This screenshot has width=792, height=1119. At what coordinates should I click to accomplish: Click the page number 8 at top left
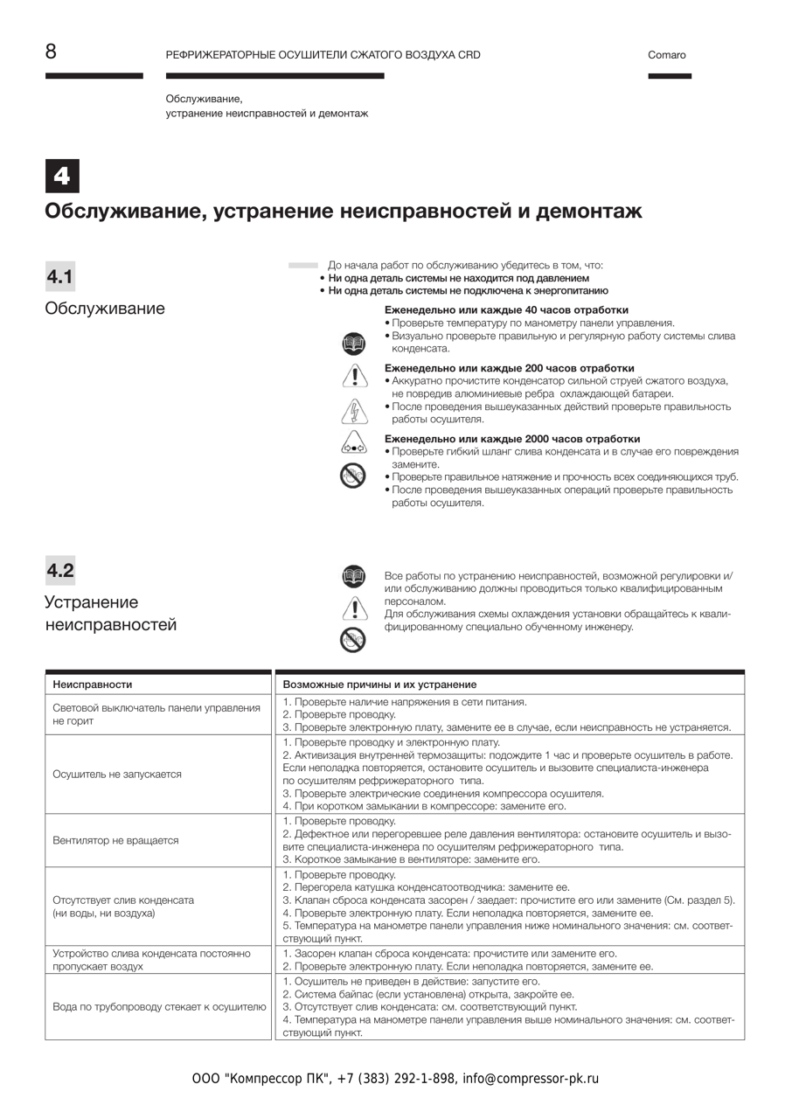(x=51, y=52)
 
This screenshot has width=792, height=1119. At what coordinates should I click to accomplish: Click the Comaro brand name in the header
(x=667, y=55)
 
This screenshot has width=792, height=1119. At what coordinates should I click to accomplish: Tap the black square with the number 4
(x=62, y=176)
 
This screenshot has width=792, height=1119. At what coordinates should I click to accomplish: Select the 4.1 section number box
(x=60, y=277)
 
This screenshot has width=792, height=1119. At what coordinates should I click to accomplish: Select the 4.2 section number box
(x=60, y=571)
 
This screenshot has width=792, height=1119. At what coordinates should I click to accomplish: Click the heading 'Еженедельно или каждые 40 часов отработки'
(x=506, y=310)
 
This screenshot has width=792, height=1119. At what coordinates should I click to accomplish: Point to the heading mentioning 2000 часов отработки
(x=512, y=439)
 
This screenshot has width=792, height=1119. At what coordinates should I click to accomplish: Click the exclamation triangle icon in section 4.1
(x=353, y=377)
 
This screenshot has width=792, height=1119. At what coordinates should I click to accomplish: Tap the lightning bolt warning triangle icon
(x=353, y=409)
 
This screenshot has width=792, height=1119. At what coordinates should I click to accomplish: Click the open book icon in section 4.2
(x=353, y=577)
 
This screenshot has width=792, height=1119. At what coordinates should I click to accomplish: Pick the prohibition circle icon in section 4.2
(x=353, y=641)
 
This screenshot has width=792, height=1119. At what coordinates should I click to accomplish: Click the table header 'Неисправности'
(x=93, y=685)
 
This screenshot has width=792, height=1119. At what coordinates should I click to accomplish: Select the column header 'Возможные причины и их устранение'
(x=379, y=685)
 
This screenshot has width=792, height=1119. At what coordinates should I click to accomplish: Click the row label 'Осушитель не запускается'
(x=117, y=775)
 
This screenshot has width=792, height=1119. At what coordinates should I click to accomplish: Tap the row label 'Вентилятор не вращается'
(x=115, y=840)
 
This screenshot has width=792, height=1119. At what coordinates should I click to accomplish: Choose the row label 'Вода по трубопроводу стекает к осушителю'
(x=159, y=1007)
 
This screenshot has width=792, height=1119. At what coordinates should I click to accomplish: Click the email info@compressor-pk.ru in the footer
(x=531, y=1079)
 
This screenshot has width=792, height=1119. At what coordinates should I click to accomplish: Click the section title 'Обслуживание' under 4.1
(x=105, y=309)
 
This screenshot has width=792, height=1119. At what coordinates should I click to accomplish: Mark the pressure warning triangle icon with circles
(x=353, y=442)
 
